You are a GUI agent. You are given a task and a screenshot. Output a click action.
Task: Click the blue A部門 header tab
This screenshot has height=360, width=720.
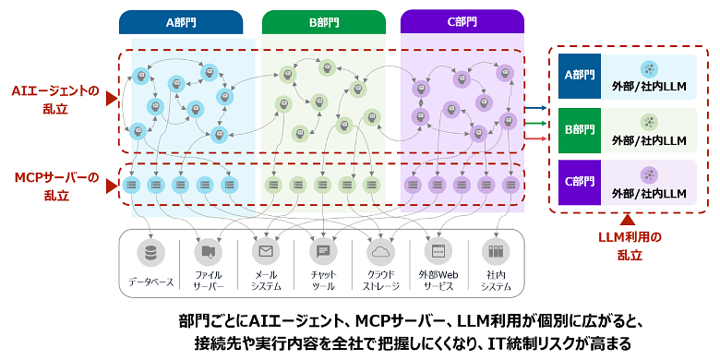pos(181,22)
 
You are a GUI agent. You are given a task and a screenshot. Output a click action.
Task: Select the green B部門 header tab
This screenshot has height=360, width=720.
pos(324,22)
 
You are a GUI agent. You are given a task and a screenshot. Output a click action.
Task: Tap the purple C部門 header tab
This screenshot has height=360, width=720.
pos(462,22)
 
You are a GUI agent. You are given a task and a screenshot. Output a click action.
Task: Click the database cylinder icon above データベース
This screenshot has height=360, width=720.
pos(150,253)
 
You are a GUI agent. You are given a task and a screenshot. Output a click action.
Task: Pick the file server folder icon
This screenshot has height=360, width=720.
pos(208,253)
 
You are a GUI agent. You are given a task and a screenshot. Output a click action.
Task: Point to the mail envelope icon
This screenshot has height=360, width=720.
pos(266,253)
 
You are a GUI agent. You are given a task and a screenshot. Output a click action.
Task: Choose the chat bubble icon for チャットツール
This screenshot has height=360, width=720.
pos(323,253)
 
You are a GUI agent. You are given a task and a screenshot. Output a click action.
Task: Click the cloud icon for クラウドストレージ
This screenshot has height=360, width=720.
pos(380,253)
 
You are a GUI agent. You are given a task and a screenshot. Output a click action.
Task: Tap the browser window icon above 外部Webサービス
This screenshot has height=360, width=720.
pos(438,253)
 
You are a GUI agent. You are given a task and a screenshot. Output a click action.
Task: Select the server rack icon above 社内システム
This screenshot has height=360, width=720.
pos(496,253)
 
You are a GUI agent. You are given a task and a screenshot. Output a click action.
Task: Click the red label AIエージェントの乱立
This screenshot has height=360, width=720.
pos(55,100)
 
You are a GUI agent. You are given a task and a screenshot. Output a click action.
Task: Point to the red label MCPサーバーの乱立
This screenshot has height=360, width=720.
pos(56,186)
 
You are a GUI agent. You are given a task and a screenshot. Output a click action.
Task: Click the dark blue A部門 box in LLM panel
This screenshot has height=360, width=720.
pos(580,77)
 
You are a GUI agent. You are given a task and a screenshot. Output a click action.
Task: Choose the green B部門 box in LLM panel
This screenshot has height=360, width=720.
pos(580,130)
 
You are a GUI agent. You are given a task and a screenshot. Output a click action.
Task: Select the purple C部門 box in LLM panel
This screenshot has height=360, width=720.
pos(580,182)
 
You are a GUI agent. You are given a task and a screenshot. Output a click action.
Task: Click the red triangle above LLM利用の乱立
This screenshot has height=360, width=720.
pos(628,221)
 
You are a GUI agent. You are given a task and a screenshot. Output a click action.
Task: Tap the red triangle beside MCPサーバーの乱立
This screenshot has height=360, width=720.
pos(112,186)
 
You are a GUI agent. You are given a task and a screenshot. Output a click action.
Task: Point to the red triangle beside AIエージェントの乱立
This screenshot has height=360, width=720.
pos(112,99)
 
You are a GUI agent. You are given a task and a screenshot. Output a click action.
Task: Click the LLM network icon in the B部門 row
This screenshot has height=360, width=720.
pos(649,122)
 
